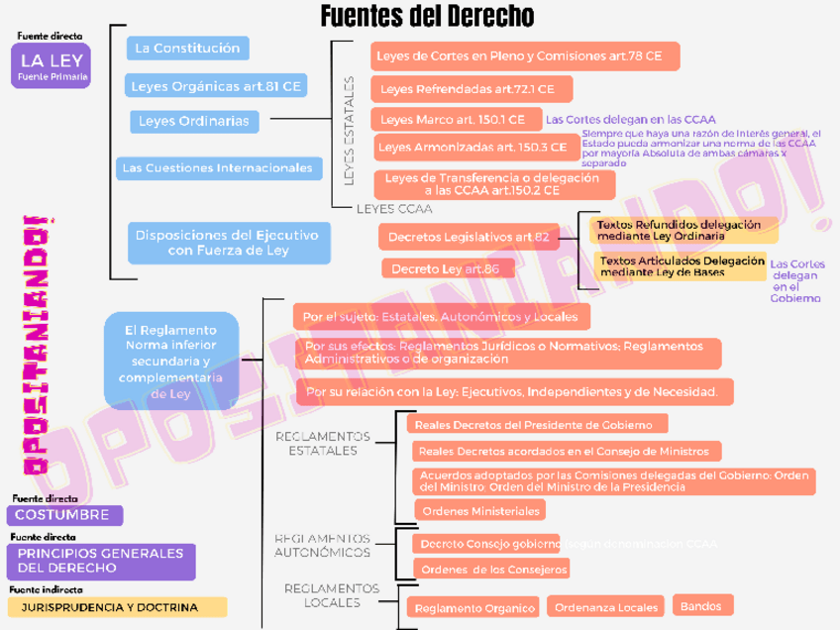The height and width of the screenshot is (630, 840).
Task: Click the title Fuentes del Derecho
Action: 427,17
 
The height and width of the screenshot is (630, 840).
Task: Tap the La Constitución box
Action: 187,48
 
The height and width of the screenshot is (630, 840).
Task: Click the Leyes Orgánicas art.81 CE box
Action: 215,86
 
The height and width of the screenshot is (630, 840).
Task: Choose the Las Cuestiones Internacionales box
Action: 217,168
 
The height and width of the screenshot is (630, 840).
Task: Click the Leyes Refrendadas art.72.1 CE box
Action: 474,89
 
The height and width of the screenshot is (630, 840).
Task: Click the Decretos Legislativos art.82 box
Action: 468,238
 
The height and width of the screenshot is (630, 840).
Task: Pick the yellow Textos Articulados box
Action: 682,266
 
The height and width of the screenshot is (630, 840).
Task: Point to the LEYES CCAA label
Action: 394,209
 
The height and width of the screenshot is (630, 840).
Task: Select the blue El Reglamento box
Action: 170,361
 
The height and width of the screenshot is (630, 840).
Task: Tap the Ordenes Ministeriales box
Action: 479,511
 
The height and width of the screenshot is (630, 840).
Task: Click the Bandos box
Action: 702,605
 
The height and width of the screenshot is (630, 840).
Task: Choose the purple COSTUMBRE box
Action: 63,516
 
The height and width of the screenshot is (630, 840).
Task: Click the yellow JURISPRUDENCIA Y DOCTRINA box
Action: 116,607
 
